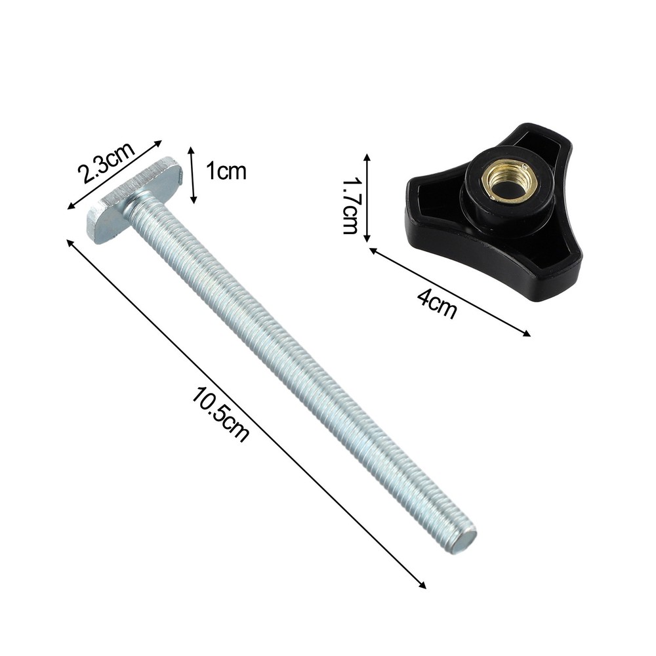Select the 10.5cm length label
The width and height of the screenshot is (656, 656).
pyautogui.click(x=220, y=414)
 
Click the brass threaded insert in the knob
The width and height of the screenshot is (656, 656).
pyautogui.click(x=508, y=182)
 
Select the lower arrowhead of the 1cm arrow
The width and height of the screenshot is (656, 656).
pyautogui.click(x=193, y=200)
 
